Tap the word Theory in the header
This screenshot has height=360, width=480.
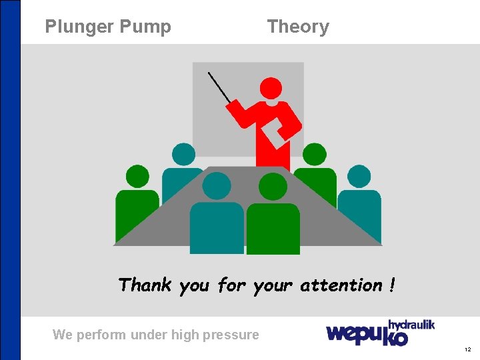(x=298, y=27)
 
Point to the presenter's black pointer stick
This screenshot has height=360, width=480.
(x=219, y=87)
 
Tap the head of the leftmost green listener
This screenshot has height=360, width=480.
(x=137, y=176)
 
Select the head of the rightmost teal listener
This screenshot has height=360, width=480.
(x=359, y=176)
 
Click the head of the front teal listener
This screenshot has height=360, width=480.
(x=216, y=186)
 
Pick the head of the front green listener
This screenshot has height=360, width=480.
(x=273, y=186)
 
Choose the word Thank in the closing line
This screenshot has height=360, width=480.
(x=145, y=285)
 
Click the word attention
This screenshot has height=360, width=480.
(x=341, y=285)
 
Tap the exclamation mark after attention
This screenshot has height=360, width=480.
(x=392, y=285)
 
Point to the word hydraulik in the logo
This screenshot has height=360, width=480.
(x=411, y=325)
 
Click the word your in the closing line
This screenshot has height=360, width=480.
(x=273, y=286)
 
